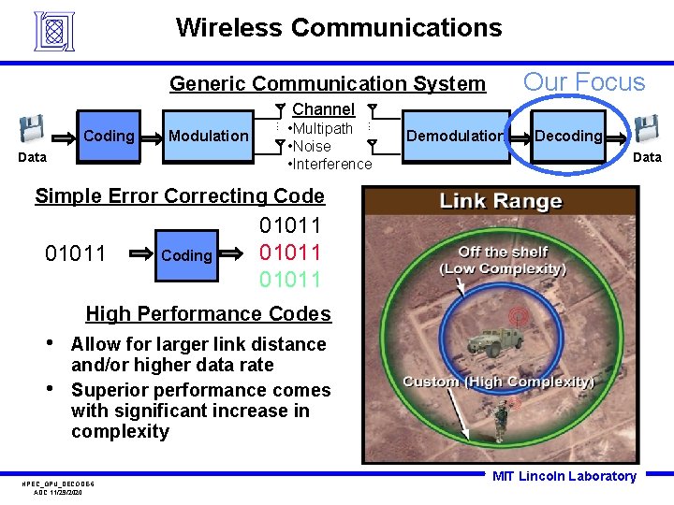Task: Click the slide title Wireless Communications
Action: (339, 28)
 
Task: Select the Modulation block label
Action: (208, 136)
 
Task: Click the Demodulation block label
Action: (454, 136)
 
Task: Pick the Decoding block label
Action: (568, 136)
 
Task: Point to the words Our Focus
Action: (584, 82)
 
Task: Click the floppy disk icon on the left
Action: (33, 129)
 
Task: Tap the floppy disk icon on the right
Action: (646, 129)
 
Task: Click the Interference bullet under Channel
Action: (330, 165)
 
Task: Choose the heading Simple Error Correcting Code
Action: (180, 196)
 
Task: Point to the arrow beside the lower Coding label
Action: (142, 253)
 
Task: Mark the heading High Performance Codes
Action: (208, 314)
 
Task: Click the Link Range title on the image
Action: (501, 201)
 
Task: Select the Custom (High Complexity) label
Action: (498, 382)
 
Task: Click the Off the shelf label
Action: (504, 252)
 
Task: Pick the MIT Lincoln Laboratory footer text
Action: (564, 477)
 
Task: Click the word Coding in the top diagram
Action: (110, 137)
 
